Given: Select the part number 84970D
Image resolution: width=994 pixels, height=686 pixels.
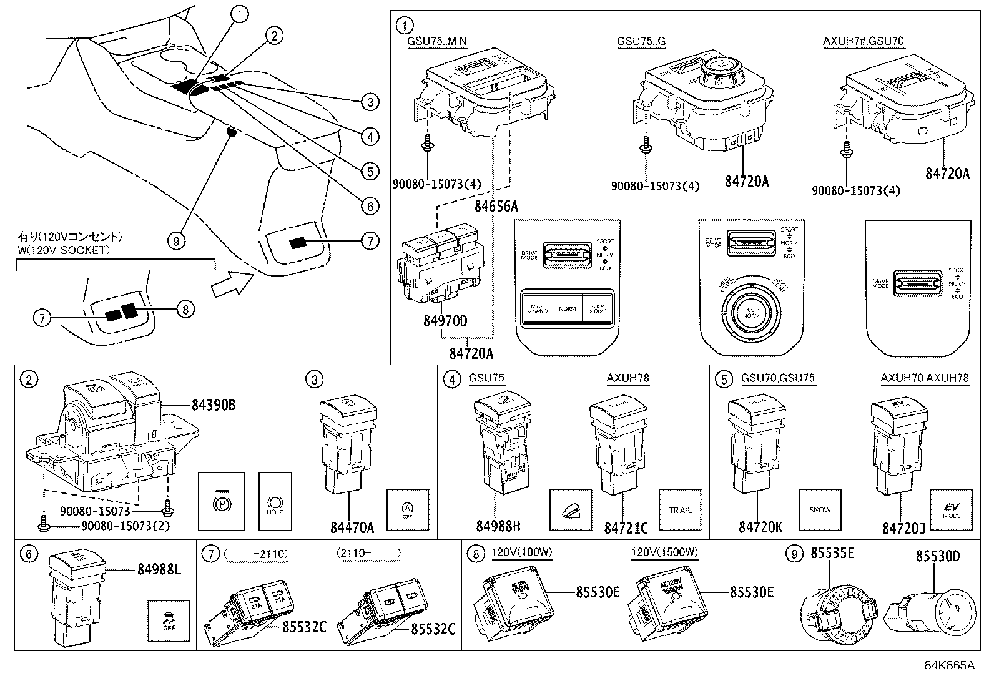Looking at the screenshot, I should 445,322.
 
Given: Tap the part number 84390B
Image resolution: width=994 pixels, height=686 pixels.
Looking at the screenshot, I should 214,406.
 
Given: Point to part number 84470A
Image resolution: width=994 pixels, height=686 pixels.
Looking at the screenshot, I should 352,527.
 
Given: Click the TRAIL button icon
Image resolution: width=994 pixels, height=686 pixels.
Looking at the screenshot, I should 680,510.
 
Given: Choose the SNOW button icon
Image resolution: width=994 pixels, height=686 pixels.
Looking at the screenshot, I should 820,510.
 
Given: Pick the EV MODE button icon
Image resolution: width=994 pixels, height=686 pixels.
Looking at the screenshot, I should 952,510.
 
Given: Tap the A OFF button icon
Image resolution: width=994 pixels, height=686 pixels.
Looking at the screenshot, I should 407,510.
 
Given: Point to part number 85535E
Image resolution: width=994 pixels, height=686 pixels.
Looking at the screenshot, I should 832,553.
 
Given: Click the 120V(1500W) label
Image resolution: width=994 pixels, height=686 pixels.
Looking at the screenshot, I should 664,552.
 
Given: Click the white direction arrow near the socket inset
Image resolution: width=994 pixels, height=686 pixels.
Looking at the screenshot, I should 229,285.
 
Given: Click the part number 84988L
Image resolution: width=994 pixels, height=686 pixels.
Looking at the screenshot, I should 159,569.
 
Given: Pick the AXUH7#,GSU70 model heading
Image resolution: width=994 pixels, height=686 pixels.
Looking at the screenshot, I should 863,41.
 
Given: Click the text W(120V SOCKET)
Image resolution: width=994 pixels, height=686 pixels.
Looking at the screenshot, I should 64,250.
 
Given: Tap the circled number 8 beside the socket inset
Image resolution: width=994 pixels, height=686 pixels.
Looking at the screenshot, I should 185,308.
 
